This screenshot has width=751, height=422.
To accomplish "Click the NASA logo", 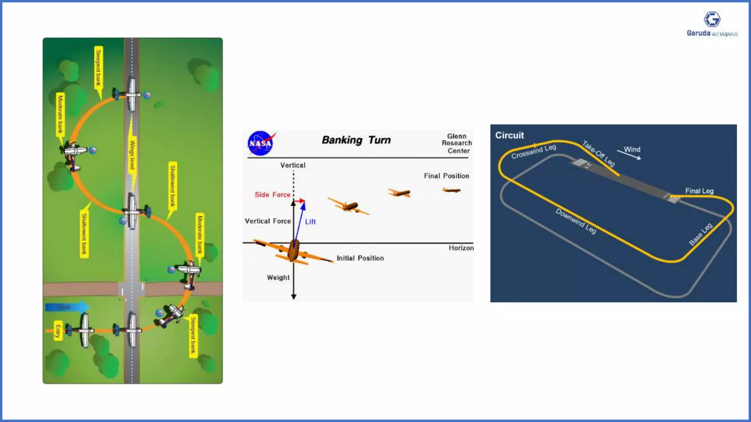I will (261, 143).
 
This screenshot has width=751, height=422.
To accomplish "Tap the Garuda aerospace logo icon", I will (712, 19).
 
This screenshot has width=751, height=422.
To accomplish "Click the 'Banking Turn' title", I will (356, 140).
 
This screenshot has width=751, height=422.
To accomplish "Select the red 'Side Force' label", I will (272, 195).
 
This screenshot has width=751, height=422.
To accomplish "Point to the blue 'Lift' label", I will (310, 222).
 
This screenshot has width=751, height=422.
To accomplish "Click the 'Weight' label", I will (278, 277).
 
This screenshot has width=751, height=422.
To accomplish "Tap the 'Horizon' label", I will (461, 248).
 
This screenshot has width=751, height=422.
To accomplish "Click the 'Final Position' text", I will (446, 176).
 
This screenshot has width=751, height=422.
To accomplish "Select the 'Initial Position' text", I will (360, 258).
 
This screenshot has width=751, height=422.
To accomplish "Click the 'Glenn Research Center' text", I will (457, 143).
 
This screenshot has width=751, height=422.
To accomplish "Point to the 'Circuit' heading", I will (509, 135).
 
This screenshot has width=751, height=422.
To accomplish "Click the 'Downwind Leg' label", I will (576, 221).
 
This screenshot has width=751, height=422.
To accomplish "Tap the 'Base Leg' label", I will (700, 234).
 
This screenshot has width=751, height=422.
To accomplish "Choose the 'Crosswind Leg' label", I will (534, 151).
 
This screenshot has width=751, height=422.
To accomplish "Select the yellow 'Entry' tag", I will (58, 330).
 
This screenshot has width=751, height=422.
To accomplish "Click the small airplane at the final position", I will (451, 190).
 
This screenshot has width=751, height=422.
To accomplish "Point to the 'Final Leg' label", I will (699, 191).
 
